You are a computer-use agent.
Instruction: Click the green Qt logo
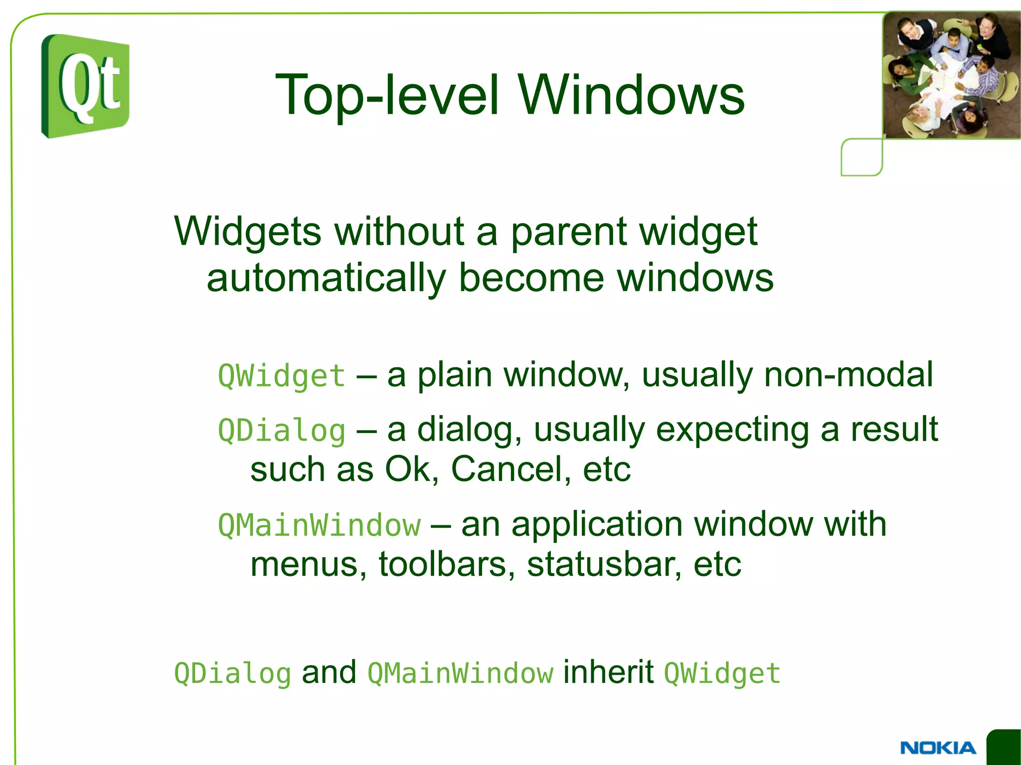pyautogui.click(x=85, y=86)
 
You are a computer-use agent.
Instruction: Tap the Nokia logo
pyautogui.click(x=938, y=748)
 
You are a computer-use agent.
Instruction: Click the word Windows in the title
pyautogui.click(x=631, y=95)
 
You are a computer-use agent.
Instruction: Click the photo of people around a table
pyautogui.click(x=951, y=75)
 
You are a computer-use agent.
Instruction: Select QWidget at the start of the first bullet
pyautogui.click(x=282, y=376)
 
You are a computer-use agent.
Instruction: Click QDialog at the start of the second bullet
pyautogui.click(x=282, y=431)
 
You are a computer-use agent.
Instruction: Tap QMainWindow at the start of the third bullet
pyautogui.click(x=320, y=525)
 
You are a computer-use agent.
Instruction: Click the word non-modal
pyautogui.click(x=848, y=375)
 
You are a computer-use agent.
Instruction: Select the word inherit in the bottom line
pyautogui.click(x=608, y=672)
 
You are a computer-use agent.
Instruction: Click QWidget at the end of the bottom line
pyautogui.click(x=722, y=674)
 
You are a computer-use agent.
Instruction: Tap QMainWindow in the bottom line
pyautogui.click(x=460, y=674)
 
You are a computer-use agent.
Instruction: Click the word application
pyautogui.click(x=597, y=525)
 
